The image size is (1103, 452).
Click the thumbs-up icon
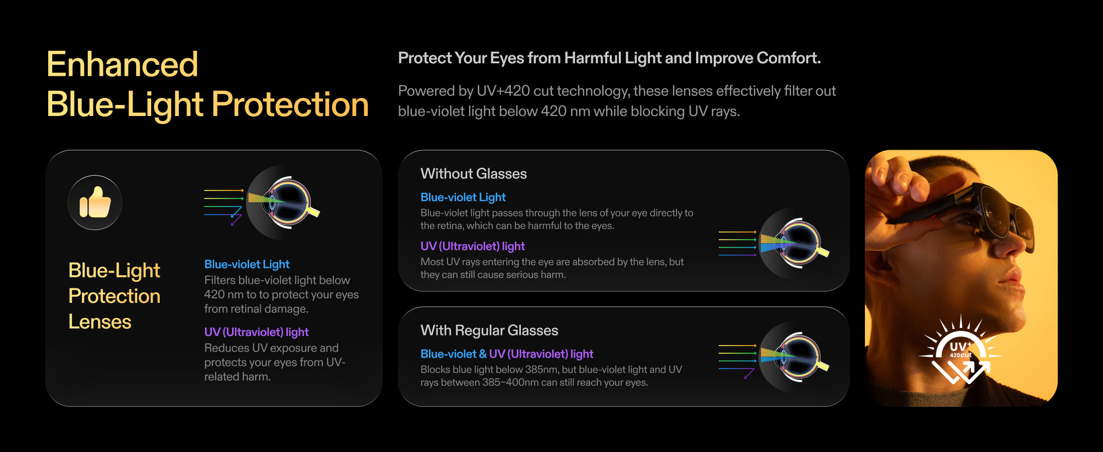click(x=95, y=202)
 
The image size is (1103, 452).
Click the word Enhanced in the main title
click(x=123, y=64)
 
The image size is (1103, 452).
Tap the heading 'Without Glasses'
click(x=474, y=174)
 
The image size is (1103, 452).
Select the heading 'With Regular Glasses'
click(x=489, y=330)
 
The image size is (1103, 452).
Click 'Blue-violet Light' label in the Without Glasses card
click(x=463, y=197)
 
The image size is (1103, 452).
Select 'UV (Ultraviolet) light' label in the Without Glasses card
click(x=473, y=246)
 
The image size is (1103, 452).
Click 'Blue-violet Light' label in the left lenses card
click(x=247, y=264)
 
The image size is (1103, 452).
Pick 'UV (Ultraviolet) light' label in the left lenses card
click(x=256, y=332)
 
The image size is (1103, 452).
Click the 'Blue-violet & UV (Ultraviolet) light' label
click(x=507, y=354)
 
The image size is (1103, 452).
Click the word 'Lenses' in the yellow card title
click(x=100, y=322)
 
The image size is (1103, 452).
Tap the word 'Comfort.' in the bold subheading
click(x=789, y=58)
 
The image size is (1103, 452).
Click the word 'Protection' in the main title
click(x=290, y=104)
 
